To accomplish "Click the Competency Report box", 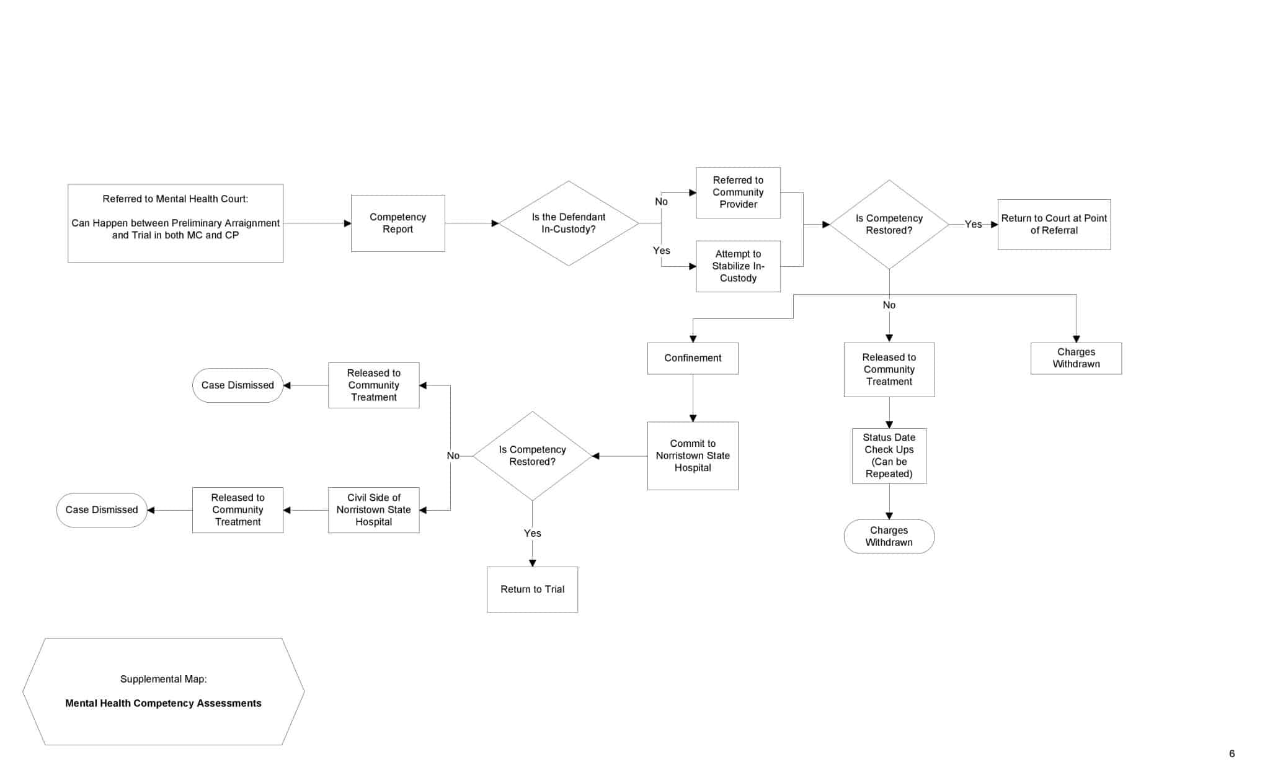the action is [397, 223].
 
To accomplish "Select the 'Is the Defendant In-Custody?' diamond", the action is [569, 223].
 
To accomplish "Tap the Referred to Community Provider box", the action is [738, 192].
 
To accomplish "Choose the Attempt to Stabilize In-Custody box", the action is [738, 266].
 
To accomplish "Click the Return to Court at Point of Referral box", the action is [1054, 225].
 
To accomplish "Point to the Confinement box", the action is [693, 358].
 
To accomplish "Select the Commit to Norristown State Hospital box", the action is [693, 456].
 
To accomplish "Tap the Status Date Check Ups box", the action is [889, 456].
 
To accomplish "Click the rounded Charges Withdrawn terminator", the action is [889, 536].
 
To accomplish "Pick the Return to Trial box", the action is [532, 590].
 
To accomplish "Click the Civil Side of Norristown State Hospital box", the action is [373, 510].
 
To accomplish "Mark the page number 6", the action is [1232, 753].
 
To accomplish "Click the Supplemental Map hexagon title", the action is [163, 691].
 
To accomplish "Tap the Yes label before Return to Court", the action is [973, 225].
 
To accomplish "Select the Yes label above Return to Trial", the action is [532, 533].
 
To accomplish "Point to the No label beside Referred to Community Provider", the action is [661, 202].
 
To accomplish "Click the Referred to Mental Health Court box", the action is [175, 223].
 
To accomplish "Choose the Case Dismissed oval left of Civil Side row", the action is [102, 510].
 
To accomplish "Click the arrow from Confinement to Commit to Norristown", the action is [693, 398].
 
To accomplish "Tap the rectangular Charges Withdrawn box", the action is [1076, 358].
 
